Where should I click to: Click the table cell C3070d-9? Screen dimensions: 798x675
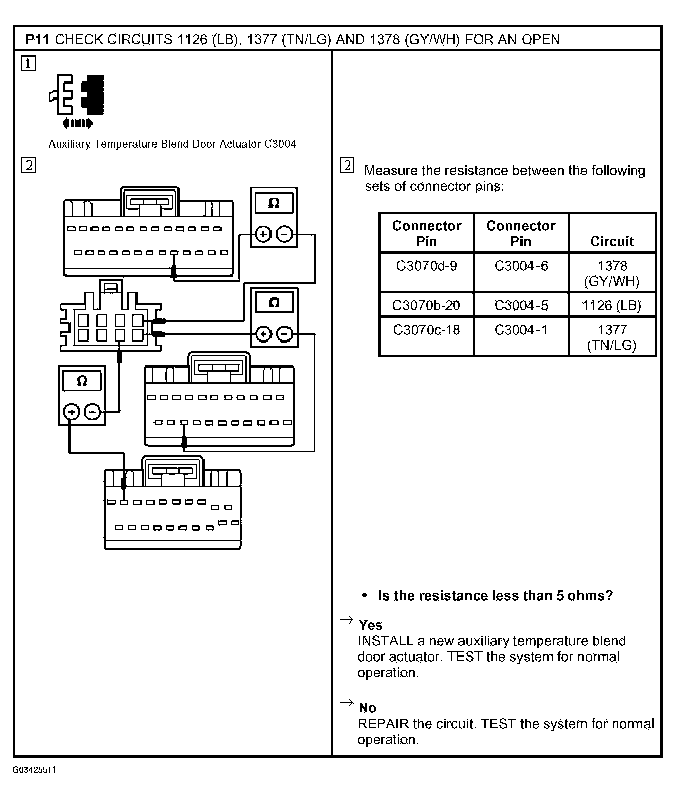click(426, 266)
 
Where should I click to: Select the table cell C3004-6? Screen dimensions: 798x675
click(521, 266)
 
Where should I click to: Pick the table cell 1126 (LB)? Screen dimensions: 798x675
click(611, 305)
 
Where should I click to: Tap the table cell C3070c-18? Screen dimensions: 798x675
click(426, 330)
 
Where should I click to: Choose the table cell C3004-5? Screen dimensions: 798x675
click(521, 305)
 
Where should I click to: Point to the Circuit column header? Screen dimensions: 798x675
click(611, 241)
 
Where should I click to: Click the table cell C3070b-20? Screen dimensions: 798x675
click(426, 305)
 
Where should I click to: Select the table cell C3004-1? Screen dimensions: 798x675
click(521, 330)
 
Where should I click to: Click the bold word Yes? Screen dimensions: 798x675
click(370, 625)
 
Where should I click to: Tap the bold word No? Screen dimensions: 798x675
click(367, 708)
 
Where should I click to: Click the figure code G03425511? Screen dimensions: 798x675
click(34, 770)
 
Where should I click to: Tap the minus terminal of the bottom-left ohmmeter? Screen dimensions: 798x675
click(92, 412)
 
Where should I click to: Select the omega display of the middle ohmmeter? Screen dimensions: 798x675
click(274, 302)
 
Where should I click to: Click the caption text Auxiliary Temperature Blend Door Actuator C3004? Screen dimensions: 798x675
click(172, 144)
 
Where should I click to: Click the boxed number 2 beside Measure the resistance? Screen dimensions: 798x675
click(347, 165)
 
